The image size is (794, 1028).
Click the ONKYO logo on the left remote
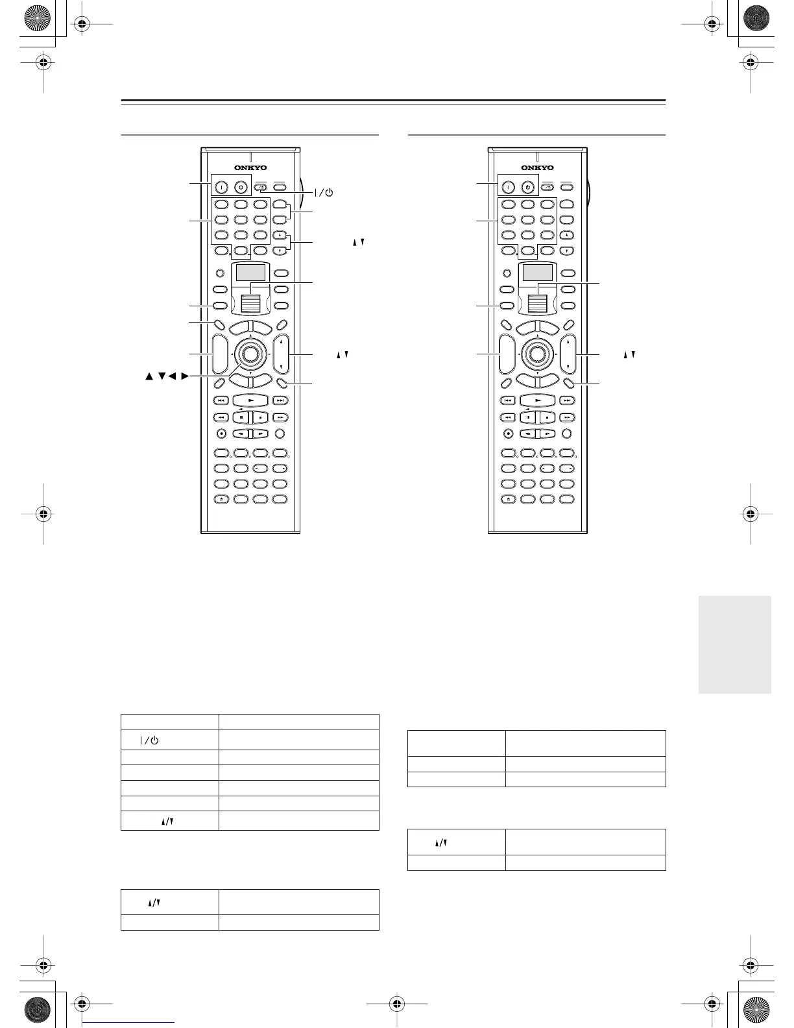point(250,168)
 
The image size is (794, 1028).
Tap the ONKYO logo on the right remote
point(538,168)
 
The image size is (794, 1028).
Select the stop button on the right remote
point(547,417)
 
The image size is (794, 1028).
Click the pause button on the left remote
point(242,417)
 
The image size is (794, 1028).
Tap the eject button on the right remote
point(508,499)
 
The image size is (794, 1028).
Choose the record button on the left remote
point(221,434)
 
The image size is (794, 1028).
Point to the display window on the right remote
point(538,272)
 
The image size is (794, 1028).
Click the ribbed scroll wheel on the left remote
point(250,302)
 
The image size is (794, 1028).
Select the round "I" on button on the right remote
point(509,187)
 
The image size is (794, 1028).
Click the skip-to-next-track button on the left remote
point(280,400)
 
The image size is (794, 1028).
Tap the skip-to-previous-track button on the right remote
point(509,400)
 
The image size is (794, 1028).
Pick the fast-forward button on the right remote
point(568,417)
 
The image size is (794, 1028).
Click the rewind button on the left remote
point(221,417)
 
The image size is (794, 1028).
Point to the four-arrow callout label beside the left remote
point(167,376)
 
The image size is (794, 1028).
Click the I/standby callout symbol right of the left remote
point(324,192)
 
